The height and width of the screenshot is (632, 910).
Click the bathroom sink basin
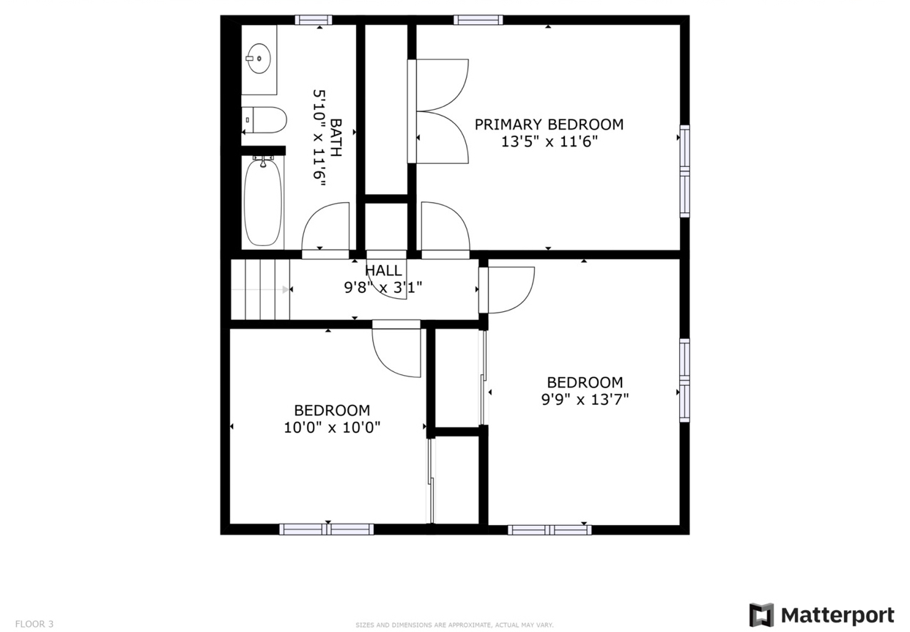[x=258, y=58]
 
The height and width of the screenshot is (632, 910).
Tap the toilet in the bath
[x=265, y=120]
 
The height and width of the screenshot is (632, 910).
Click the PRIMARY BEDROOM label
[x=549, y=124]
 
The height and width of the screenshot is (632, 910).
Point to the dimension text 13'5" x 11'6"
[x=549, y=142]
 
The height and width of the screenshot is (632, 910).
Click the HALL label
[x=383, y=271]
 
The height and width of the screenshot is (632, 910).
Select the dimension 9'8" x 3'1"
[x=383, y=288]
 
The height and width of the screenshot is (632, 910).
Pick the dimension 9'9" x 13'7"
[x=585, y=399]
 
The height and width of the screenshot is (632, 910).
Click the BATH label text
[x=336, y=137]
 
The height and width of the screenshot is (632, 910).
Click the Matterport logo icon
[x=761, y=615]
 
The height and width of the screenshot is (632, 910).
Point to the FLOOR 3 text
[x=34, y=624]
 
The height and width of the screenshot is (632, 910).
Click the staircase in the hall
[x=261, y=290]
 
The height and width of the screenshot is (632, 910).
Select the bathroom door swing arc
[x=326, y=228]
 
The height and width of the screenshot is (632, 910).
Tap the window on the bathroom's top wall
[x=314, y=20]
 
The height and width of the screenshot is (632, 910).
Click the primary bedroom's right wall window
[x=684, y=171]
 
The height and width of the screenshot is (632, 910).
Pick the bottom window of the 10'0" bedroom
[x=327, y=529]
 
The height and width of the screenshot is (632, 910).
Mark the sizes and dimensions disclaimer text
[x=454, y=625]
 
